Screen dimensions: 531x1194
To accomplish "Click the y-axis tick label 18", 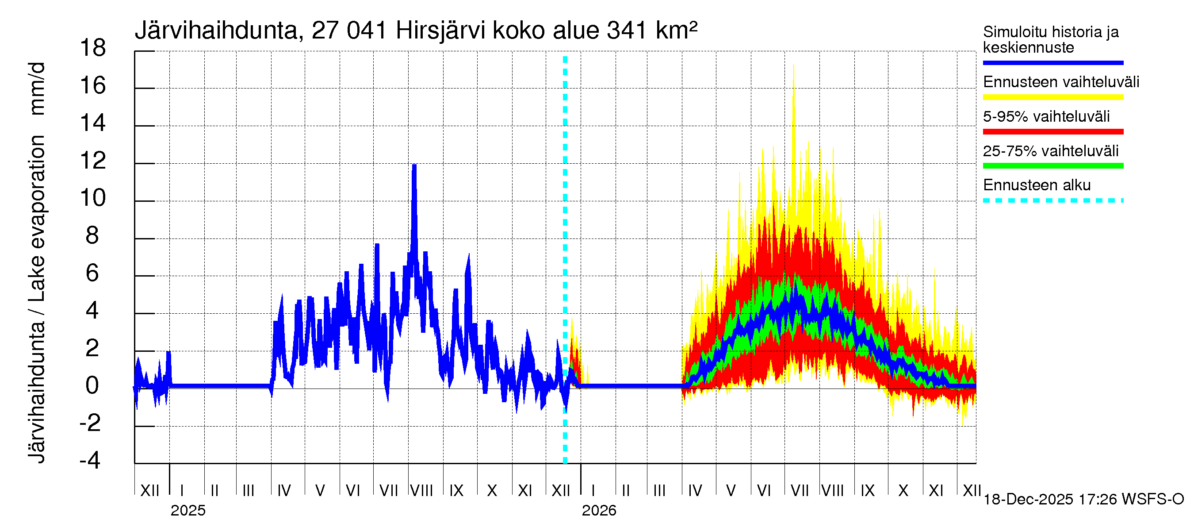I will pyautogui.click(x=93, y=48).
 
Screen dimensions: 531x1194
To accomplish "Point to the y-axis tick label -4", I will pyautogui.click(x=90, y=461).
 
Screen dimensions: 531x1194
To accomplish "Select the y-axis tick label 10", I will pyautogui.click(x=93, y=199).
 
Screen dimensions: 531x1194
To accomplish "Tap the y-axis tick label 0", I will pyautogui.click(x=92, y=386).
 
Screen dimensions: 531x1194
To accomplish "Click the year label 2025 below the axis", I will pyautogui.click(x=188, y=511).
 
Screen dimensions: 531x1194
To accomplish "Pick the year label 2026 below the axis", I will pyautogui.click(x=599, y=511).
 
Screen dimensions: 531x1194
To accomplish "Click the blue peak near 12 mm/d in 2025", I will pyautogui.click(x=414, y=166).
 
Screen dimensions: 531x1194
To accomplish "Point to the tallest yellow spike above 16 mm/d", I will pyautogui.click(x=793, y=66).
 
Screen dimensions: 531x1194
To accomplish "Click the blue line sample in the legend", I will pyautogui.click(x=1052, y=62).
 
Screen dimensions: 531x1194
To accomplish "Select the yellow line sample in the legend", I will pyautogui.click(x=1052, y=97).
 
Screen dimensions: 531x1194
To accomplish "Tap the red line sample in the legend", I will pyautogui.click(x=1052, y=132).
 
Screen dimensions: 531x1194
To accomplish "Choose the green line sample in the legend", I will pyautogui.click(x=1052, y=166).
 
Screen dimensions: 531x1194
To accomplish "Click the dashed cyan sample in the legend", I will pyautogui.click(x=1052, y=201).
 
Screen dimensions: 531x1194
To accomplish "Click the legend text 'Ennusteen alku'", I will pyautogui.click(x=1037, y=185).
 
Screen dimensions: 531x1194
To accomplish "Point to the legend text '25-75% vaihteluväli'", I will pyautogui.click(x=1050, y=151).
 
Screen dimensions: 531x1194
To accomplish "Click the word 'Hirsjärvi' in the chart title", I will pyautogui.click(x=440, y=31).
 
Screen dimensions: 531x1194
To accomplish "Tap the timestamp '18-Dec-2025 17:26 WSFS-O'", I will pyautogui.click(x=1083, y=500).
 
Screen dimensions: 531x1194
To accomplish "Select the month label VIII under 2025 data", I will pyautogui.click(x=422, y=491).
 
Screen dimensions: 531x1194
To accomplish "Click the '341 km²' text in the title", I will pyautogui.click(x=652, y=31).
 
